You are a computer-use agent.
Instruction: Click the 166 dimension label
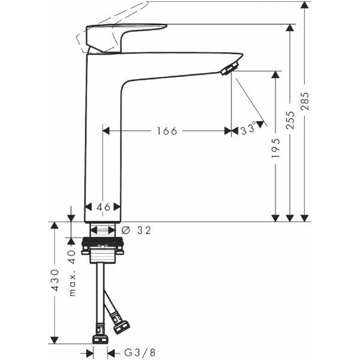tap(167, 131)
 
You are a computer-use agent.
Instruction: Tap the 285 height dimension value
tap(305, 101)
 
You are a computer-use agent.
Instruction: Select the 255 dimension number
tap(290, 120)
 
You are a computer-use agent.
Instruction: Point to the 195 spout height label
tap(276, 148)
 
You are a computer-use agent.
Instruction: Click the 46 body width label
tap(103, 207)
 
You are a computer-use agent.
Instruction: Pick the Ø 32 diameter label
tap(136, 230)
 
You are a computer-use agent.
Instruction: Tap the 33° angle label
tap(248, 129)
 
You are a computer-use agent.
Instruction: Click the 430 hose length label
tap(55, 280)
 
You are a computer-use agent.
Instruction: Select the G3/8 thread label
tap(140, 352)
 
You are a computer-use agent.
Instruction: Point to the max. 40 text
tap(72, 273)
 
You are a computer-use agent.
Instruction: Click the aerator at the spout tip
tap(229, 68)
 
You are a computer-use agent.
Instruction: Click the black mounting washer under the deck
tap(103, 241)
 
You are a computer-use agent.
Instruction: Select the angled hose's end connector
tap(122, 326)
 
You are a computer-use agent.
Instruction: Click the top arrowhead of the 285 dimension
tap(304, 5)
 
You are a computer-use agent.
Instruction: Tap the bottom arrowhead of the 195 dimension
tap(275, 218)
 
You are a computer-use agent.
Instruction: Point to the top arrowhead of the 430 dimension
tap(54, 226)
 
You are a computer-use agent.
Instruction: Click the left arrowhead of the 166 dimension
tap(106, 131)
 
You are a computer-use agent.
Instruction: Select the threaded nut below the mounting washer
tap(103, 256)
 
